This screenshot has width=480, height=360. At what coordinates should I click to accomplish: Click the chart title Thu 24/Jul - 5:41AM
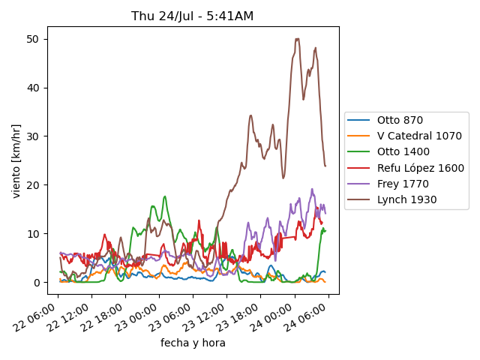193,16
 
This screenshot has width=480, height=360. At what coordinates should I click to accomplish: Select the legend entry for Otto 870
400,120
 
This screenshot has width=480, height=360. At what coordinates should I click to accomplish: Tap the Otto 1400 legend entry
403,152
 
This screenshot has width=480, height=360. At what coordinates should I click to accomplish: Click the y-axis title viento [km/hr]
16,160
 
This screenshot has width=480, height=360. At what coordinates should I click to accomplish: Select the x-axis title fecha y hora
193,343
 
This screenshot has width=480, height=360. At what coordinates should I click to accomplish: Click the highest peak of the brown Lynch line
298,39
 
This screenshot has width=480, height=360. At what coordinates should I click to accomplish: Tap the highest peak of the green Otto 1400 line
165,196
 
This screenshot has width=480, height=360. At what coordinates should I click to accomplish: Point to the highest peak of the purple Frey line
312,189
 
